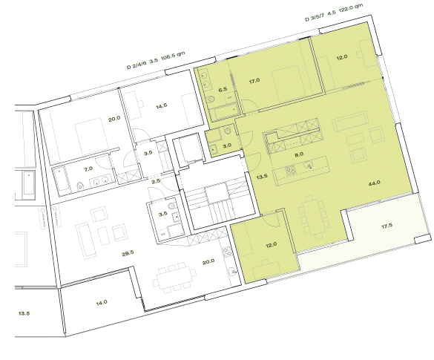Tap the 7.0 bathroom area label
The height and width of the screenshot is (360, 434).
[x=88, y=169]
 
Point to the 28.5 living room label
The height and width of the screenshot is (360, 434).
[x=128, y=253]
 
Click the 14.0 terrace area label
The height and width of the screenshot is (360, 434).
[x=101, y=302]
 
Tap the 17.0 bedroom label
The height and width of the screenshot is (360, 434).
[x=254, y=80]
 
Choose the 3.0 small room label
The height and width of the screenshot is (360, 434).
[x=228, y=146]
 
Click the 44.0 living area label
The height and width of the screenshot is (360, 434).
[x=373, y=183]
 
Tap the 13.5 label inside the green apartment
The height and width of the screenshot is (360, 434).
[x=261, y=178]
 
